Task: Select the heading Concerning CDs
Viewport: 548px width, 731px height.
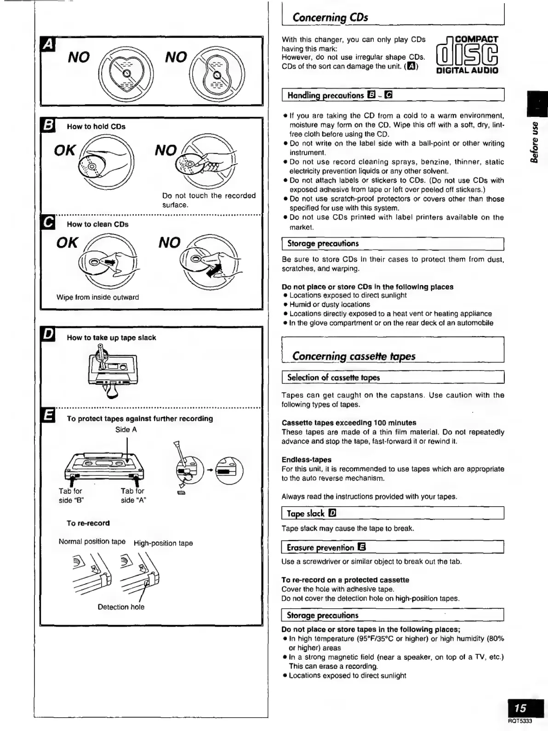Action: tap(330, 17)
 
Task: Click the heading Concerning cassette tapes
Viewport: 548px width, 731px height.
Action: tap(354, 356)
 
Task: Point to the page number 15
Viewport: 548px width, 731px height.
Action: tap(520, 708)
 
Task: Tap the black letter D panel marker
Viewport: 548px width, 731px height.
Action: tap(48, 334)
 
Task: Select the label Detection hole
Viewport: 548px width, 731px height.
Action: tap(121, 607)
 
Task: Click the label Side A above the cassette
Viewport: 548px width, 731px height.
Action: tap(126, 429)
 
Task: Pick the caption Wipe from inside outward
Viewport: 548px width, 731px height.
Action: tap(97, 297)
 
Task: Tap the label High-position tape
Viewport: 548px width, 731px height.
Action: tap(163, 543)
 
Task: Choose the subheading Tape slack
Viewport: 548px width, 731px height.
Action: tap(306, 513)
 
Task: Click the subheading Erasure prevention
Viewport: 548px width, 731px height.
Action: tap(320, 547)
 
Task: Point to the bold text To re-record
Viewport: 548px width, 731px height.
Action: tap(88, 523)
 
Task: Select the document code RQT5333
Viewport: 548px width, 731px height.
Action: tap(520, 721)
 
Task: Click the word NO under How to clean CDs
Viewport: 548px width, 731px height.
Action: tap(169, 243)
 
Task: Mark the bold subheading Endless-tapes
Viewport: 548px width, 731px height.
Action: tap(306, 459)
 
